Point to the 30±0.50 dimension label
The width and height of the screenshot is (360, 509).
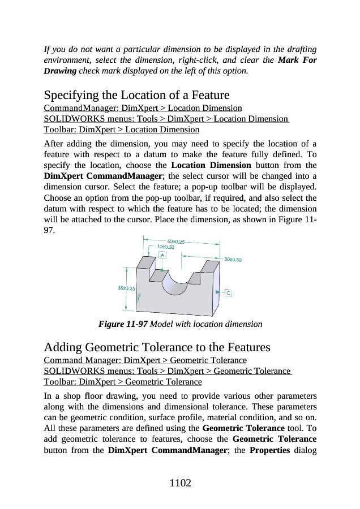click(233, 260)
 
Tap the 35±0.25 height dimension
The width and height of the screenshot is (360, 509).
click(126, 288)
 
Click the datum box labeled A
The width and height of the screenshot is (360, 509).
click(162, 255)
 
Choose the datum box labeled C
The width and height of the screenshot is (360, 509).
click(229, 293)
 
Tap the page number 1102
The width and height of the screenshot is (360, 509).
click(180, 483)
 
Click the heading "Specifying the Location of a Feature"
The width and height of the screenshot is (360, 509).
click(136, 95)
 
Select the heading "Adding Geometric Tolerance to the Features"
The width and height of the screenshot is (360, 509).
click(157, 347)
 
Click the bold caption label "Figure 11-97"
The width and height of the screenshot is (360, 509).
click(123, 325)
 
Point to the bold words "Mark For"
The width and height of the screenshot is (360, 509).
click(298, 60)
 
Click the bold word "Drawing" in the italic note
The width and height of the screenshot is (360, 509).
click(60, 71)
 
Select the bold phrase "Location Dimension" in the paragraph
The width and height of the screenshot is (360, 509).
click(211, 165)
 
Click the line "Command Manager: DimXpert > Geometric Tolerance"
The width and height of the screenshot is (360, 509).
click(145, 360)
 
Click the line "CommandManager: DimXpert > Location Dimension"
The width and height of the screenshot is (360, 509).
click(143, 108)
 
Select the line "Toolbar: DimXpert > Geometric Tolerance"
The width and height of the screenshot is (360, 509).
click(123, 382)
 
